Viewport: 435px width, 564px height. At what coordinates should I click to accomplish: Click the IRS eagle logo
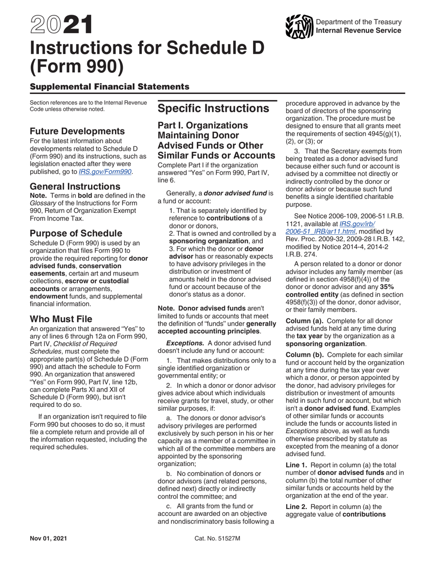[x=299, y=27]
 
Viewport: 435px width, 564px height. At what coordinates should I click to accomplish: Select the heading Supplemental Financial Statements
[x=109, y=86]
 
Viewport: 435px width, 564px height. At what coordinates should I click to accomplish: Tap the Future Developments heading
[x=77, y=131]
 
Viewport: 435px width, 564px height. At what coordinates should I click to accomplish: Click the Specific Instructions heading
[x=213, y=109]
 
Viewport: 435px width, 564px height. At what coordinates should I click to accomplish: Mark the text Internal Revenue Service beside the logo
[x=359, y=31]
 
